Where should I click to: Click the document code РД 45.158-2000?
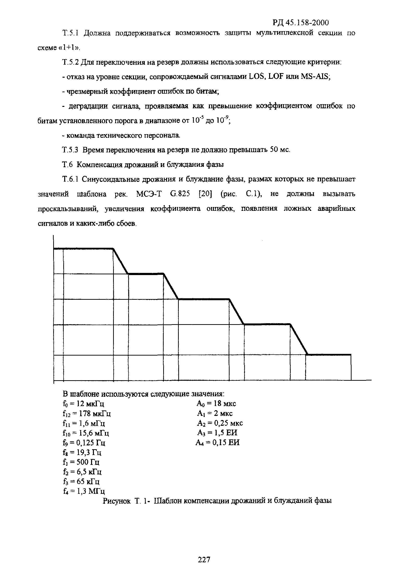pyautogui.click(x=301, y=23)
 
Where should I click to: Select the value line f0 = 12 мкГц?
pyautogui.click(x=83, y=403)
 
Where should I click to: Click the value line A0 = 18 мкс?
pyautogui.click(x=216, y=403)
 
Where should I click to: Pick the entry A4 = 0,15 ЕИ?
pyautogui.click(x=217, y=443)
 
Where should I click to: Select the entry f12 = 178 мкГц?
pyautogui.click(x=87, y=414)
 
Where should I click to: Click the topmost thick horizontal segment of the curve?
pyautogui.click(x=83, y=249)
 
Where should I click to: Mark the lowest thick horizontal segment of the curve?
pyautogui.click(x=329, y=355)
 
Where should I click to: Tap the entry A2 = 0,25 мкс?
pyautogui.click(x=220, y=423)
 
